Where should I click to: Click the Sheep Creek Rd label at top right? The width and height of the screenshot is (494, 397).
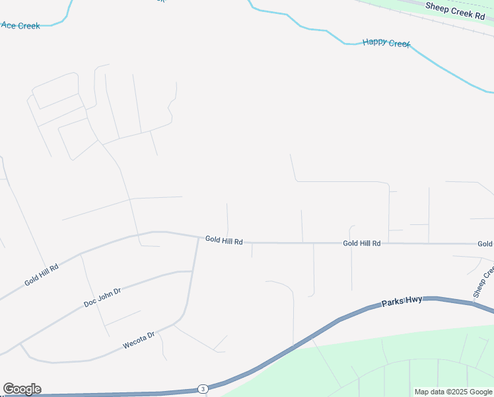(x=455, y=11)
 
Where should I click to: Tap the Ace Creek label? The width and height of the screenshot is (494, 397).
(x=20, y=26)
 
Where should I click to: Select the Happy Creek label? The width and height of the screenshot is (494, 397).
(x=386, y=43)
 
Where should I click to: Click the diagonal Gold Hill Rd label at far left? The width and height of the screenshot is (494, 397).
(x=42, y=275)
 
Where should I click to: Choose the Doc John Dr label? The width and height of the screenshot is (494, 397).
(x=102, y=297)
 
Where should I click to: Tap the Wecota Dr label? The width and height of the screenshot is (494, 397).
(x=139, y=341)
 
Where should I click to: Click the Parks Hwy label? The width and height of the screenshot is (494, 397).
(x=402, y=303)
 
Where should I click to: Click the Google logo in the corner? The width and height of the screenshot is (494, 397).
(x=22, y=389)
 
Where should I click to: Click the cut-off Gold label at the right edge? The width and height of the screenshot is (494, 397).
(x=485, y=244)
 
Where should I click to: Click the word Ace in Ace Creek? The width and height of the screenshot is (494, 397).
(x=9, y=25)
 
